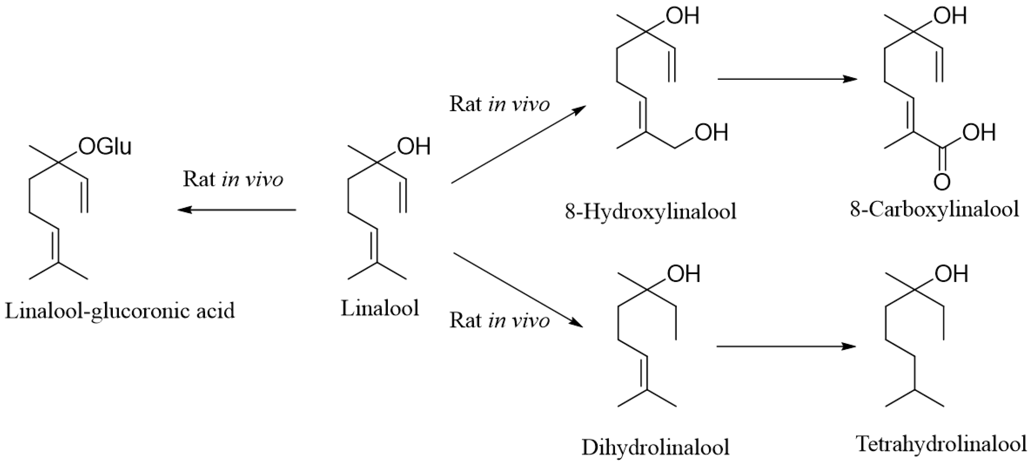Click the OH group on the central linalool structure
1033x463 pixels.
coord(413,146)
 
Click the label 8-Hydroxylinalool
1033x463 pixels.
coord(650,211)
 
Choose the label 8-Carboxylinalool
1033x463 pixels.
coord(934,209)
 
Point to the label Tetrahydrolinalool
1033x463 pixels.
coord(941,444)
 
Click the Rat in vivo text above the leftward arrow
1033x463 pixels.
coord(233,179)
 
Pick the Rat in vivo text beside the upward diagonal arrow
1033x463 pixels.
coord(499,104)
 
